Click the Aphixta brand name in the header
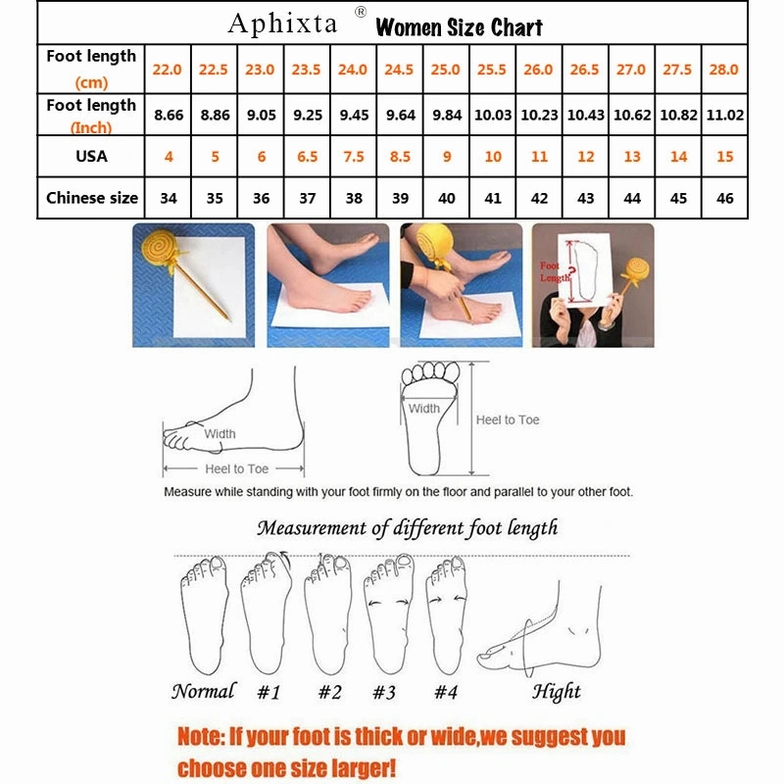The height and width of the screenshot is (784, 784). (284, 24)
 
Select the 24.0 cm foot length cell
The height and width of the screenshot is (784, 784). (353, 70)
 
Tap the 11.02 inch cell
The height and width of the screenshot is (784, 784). (725, 115)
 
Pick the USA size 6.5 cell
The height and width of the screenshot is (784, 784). (307, 157)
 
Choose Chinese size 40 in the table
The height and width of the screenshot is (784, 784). (447, 198)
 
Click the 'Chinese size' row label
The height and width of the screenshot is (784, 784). (92, 198)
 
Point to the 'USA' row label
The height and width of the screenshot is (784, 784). (91, 157)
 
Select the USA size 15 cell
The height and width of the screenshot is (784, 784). (725, 157)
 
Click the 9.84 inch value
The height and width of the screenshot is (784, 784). (447, 115)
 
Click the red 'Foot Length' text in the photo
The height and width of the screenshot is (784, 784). (551, 271)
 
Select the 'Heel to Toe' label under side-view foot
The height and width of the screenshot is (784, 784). (236, 469)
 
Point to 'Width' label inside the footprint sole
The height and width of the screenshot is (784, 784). (424, 409)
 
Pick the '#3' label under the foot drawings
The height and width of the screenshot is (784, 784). (383, 693)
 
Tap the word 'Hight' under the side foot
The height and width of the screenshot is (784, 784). (557, 693)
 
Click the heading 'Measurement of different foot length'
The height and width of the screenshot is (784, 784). (407, 528)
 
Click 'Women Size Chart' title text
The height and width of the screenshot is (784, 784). (459, 26)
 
